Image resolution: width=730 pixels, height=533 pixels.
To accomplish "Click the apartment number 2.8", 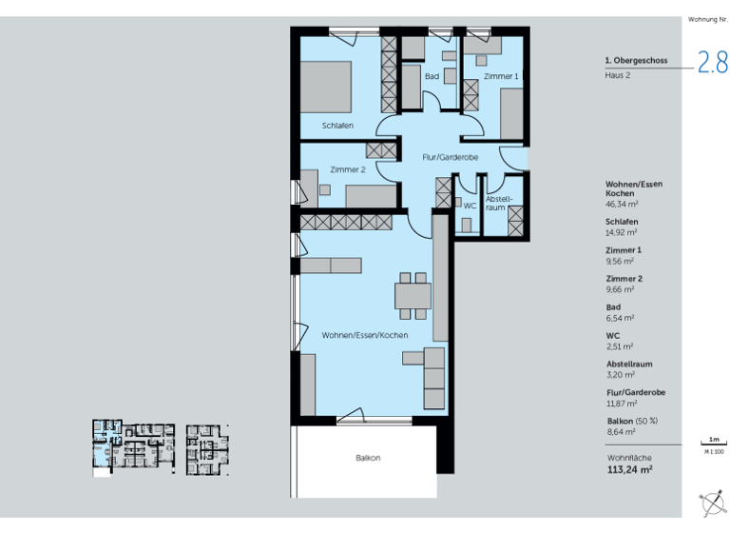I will [x=712, y=63].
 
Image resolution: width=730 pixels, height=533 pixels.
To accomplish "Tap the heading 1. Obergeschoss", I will [x=636, y=60].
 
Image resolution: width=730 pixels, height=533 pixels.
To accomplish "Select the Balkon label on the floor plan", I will [x=368, y=458].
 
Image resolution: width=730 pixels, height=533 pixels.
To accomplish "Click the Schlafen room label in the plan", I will [x=337, y=126].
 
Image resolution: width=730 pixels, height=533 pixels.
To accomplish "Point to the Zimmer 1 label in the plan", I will [x=500, y=75].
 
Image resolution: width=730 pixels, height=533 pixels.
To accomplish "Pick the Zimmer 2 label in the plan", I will [x=348, y=169].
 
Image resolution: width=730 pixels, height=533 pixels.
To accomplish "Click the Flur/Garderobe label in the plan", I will [x=450, y=156].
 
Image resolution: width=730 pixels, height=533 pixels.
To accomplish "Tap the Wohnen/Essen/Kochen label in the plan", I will [x=365, y=336].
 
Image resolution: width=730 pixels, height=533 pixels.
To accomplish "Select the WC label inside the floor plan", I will [x=470, y=205].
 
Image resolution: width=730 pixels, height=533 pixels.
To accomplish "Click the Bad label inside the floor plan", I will [x=432, y=76].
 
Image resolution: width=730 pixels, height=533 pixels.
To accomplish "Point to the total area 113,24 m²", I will [x=629, y=468].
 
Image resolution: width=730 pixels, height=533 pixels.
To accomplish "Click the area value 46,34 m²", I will [x=622, y=204].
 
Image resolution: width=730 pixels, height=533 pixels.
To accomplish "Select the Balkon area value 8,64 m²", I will [x=622, y=431].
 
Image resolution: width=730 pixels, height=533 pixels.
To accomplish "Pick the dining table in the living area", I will [x=413, y=296].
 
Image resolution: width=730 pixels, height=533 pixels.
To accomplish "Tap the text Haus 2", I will [x=618, y=75].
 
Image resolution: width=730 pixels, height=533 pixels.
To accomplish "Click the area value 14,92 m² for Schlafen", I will [x=622, y=231].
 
